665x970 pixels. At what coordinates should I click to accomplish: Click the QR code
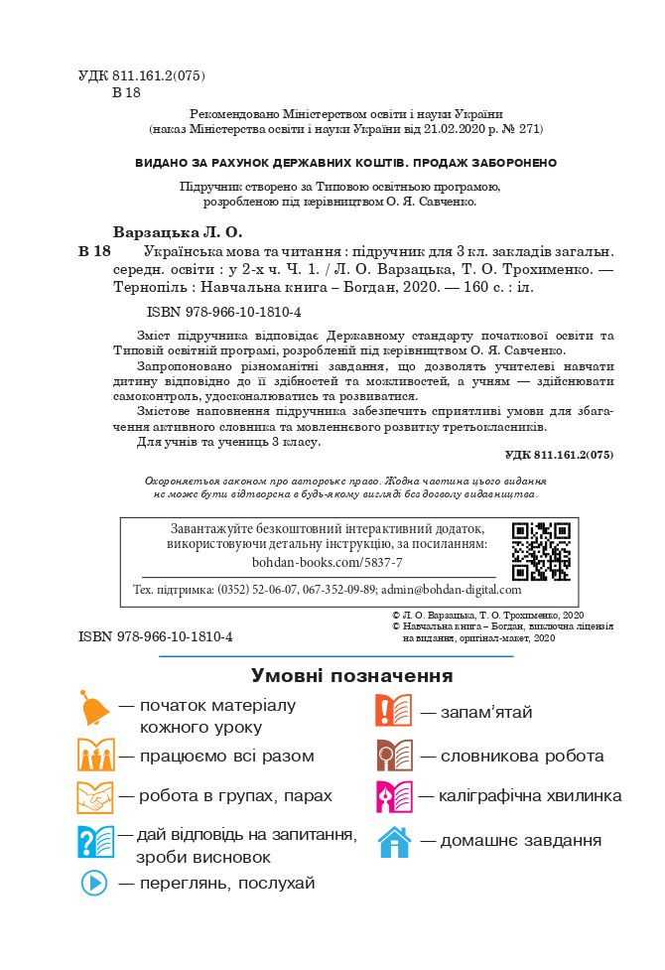point(541,551)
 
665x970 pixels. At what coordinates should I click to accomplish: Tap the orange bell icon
point(95,710)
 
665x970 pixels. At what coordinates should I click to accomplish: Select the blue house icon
point(394,842)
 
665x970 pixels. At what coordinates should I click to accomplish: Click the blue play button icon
point(94,883)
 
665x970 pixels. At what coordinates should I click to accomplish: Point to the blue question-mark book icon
point(96,841)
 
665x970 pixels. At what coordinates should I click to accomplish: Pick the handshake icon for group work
point(96,797)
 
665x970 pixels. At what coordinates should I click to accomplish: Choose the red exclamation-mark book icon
point(394,712)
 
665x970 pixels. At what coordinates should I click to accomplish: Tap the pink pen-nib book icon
point(394,797)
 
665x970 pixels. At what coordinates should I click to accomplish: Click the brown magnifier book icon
point(394,756)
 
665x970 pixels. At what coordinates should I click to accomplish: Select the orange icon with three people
point(96,756)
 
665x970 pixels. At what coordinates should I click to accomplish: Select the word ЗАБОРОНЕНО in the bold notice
point(513,163)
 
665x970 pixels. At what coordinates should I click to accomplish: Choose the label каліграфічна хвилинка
point(531,796)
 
